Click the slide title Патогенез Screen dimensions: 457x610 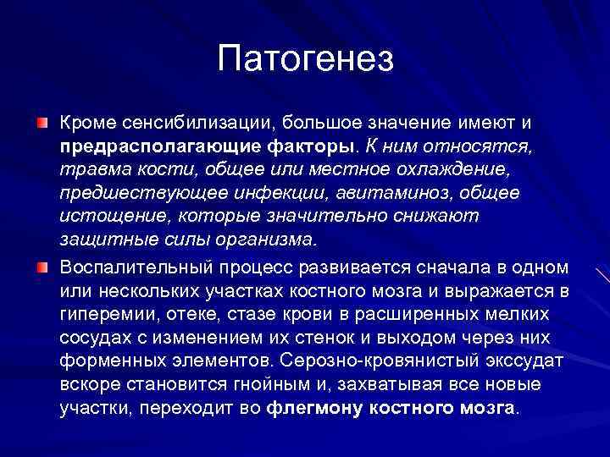point(305,58)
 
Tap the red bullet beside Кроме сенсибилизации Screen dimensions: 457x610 point(42,124)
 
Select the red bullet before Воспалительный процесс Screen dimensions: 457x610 point(42,267)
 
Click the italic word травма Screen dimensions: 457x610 point(90,171)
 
